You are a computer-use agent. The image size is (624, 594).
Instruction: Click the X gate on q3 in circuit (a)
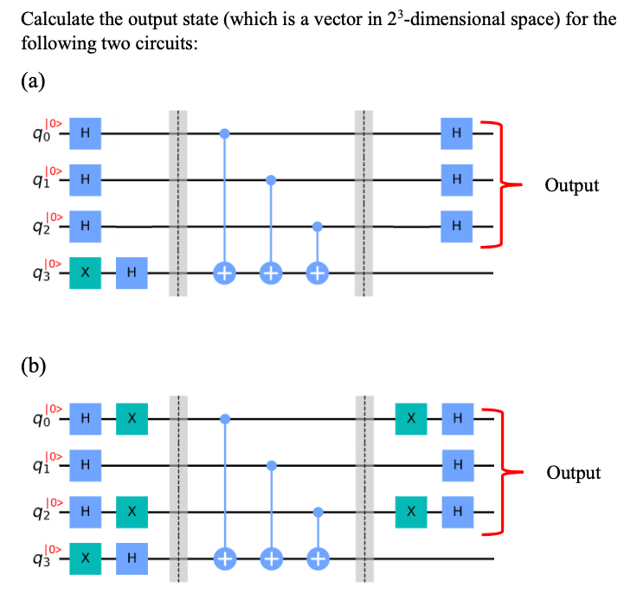click(85, 274)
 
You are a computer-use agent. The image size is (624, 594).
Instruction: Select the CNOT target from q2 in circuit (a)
click(317, 274)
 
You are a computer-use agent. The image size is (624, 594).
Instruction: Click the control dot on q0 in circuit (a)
click(225, 133)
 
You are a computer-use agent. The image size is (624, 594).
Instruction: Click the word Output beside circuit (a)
click(571, 185)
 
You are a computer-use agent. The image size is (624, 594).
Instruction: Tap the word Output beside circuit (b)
click(572, 473)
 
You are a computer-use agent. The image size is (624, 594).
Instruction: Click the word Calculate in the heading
click(53, 19)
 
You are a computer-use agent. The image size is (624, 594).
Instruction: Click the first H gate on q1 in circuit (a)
click(85, 180)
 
